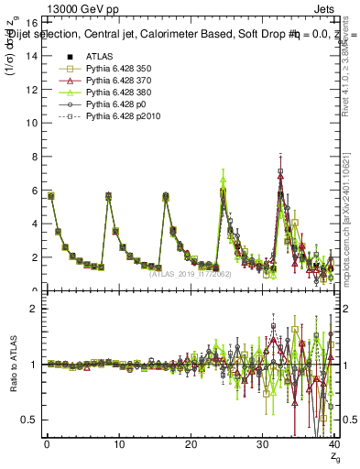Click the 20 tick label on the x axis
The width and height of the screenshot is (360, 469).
[191, 444]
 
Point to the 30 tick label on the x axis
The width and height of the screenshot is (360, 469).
[263, 444]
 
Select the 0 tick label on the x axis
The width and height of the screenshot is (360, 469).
[46, 444]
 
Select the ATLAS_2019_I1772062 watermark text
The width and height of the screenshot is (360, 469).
[190, 273]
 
